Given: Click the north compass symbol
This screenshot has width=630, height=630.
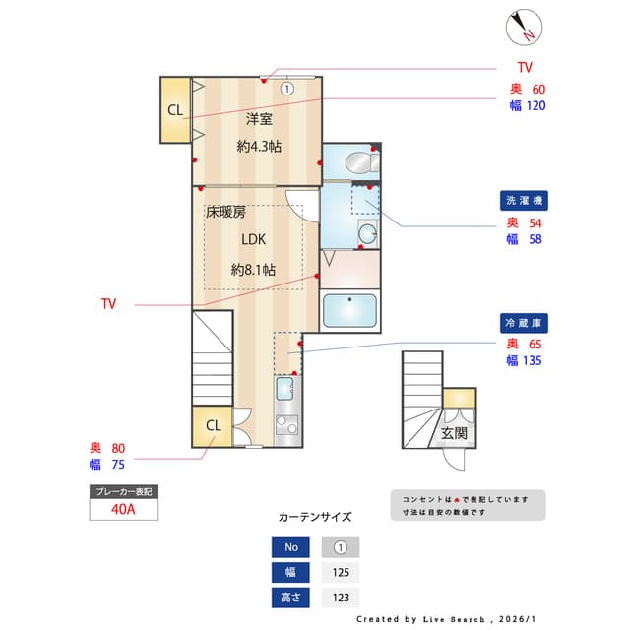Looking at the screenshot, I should pyautogui.click(x=522, y=27).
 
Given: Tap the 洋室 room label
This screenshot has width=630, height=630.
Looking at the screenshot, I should pyautogui.click(x=259, y=119).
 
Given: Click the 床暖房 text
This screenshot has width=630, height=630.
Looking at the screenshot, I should pyautogui.click(x=225, y=212).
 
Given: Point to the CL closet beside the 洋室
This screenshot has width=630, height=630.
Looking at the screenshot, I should pyautogui.click(x=175, y=110).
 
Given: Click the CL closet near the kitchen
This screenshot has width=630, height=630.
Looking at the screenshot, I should pyautogui.click(x=214, y=425).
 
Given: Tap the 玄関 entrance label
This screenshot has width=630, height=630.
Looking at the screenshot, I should pyautogui.click(x=454, y=433).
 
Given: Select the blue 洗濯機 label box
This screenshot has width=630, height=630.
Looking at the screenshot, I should pyautogui.click(x=525, y=201).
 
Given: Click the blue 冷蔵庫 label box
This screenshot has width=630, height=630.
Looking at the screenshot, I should pyautogui.click(x=525, y=323).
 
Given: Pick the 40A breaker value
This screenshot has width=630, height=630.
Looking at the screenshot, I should pyautogui.click(x=123, y=509).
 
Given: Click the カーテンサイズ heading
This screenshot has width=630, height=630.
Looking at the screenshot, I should pyautogui.click(x=315, y=516).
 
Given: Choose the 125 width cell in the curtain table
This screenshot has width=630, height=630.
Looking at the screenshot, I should pyautogui.click(x=340, y=573).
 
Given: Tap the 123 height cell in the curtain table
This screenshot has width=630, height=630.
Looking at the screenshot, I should pyautogui.click(x=340, y=597).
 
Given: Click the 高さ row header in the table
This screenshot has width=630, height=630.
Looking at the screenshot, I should pyautogui.click(x=290, y=597).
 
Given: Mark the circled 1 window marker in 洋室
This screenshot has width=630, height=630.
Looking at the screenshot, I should pyautogui.click(x=286, y=88).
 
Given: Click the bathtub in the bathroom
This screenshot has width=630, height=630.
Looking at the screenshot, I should pyautogui.click(x=350, y=311).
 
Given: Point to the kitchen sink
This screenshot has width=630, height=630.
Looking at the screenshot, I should pyautogui.click(x=284, y=389).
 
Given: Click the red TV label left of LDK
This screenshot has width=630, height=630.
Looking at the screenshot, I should pyautogui.click(x=108, y=304).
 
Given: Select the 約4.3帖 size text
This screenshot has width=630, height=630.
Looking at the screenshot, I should pyautogui.click(x=259, y=146).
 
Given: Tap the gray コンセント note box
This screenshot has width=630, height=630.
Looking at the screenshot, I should pyautogui.click(x=467, y=505).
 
